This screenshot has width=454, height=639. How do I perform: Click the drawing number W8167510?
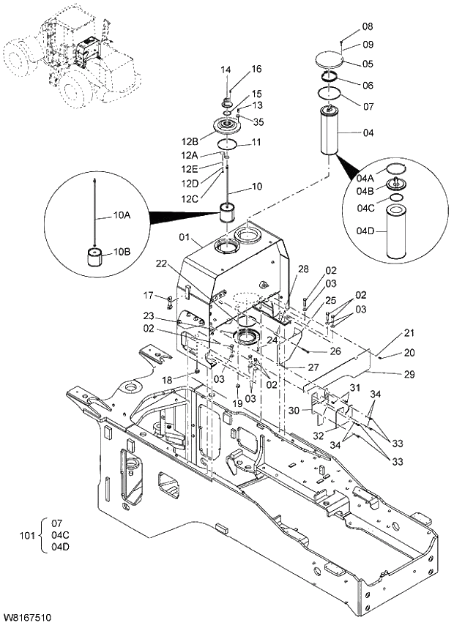(x=27, y=619)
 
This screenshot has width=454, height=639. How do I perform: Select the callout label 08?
(x=367, y=26)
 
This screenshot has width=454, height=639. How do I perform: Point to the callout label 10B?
(x=121, y=253)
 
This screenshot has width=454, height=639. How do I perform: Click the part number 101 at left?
(x=26, y=536)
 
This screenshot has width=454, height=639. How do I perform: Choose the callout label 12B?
(x=190, y=141)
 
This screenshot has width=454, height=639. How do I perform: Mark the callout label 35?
(x=258, y=122)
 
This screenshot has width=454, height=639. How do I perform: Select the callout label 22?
(x=162, y=264)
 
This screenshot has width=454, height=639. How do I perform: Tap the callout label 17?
(x=149, y=296)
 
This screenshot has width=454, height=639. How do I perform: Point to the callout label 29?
(x=409, y=374)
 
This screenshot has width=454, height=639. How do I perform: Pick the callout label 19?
(x=238, y=403)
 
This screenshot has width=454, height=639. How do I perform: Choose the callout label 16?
(x=256, y=69)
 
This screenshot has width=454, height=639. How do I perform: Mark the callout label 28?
(x=303, y=269)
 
